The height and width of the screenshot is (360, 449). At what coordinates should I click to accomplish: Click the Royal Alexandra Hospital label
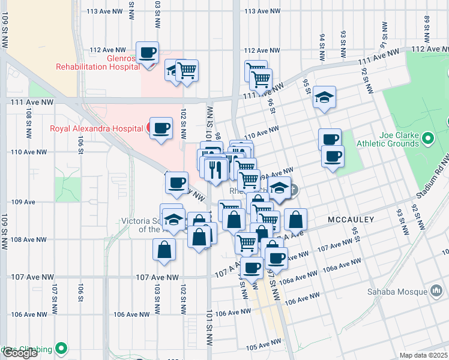[x=96, y=128]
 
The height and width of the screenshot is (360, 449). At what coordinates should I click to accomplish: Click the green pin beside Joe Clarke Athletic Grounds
[x=427, y=139]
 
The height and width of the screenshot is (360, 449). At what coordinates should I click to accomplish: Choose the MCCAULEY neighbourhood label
[x=351, y=220]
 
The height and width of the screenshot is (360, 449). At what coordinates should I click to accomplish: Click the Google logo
[x=20, y=353]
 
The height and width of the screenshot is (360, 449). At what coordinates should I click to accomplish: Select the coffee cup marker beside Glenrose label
[x=147, y=54]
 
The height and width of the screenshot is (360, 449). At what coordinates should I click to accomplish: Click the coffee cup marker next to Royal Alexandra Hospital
[x=161, y=128]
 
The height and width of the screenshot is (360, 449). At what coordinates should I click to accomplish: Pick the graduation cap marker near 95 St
[x=324, y=98]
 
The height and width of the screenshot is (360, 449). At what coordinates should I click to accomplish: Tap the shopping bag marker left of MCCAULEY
[x=295, y=220]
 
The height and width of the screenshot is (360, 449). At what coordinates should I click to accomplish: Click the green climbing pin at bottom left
[x=61, y=348]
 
